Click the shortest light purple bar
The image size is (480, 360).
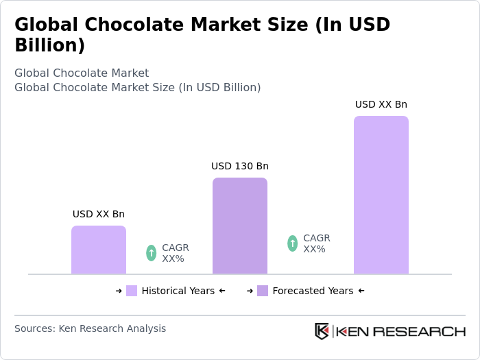point(99,250)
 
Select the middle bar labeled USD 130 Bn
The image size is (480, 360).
point(240,226)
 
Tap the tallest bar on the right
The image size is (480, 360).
point(381,195)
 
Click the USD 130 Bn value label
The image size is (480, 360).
point(240,166)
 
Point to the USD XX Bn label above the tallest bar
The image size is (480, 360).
point(381,104)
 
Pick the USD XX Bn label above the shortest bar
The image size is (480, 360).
point(99,214)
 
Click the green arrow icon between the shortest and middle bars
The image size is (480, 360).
point(152,253)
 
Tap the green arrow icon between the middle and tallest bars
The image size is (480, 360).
point(293,243)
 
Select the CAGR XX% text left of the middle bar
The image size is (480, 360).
point(175,253)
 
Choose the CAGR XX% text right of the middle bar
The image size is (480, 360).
point(316,243)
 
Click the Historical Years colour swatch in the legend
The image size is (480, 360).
point(132,291)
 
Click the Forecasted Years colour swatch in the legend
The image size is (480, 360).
point(263,291)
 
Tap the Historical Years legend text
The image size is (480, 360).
point(178,291)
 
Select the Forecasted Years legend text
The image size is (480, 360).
point(313,291)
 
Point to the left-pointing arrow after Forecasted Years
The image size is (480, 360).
point(361,291)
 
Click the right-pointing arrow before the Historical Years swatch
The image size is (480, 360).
point(119,291)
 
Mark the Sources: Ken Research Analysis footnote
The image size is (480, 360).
point(90,328)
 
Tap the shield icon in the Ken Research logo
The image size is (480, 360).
point(322,331)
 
